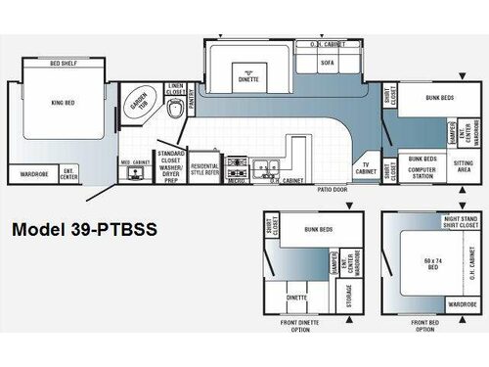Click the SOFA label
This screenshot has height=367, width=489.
coord(329,63)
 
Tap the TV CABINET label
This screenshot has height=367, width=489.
coord(366,168)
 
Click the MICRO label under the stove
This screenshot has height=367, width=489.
coord(235,180)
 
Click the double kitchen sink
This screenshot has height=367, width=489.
coord(264,167)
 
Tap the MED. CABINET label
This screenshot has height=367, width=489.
coord(133,161)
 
